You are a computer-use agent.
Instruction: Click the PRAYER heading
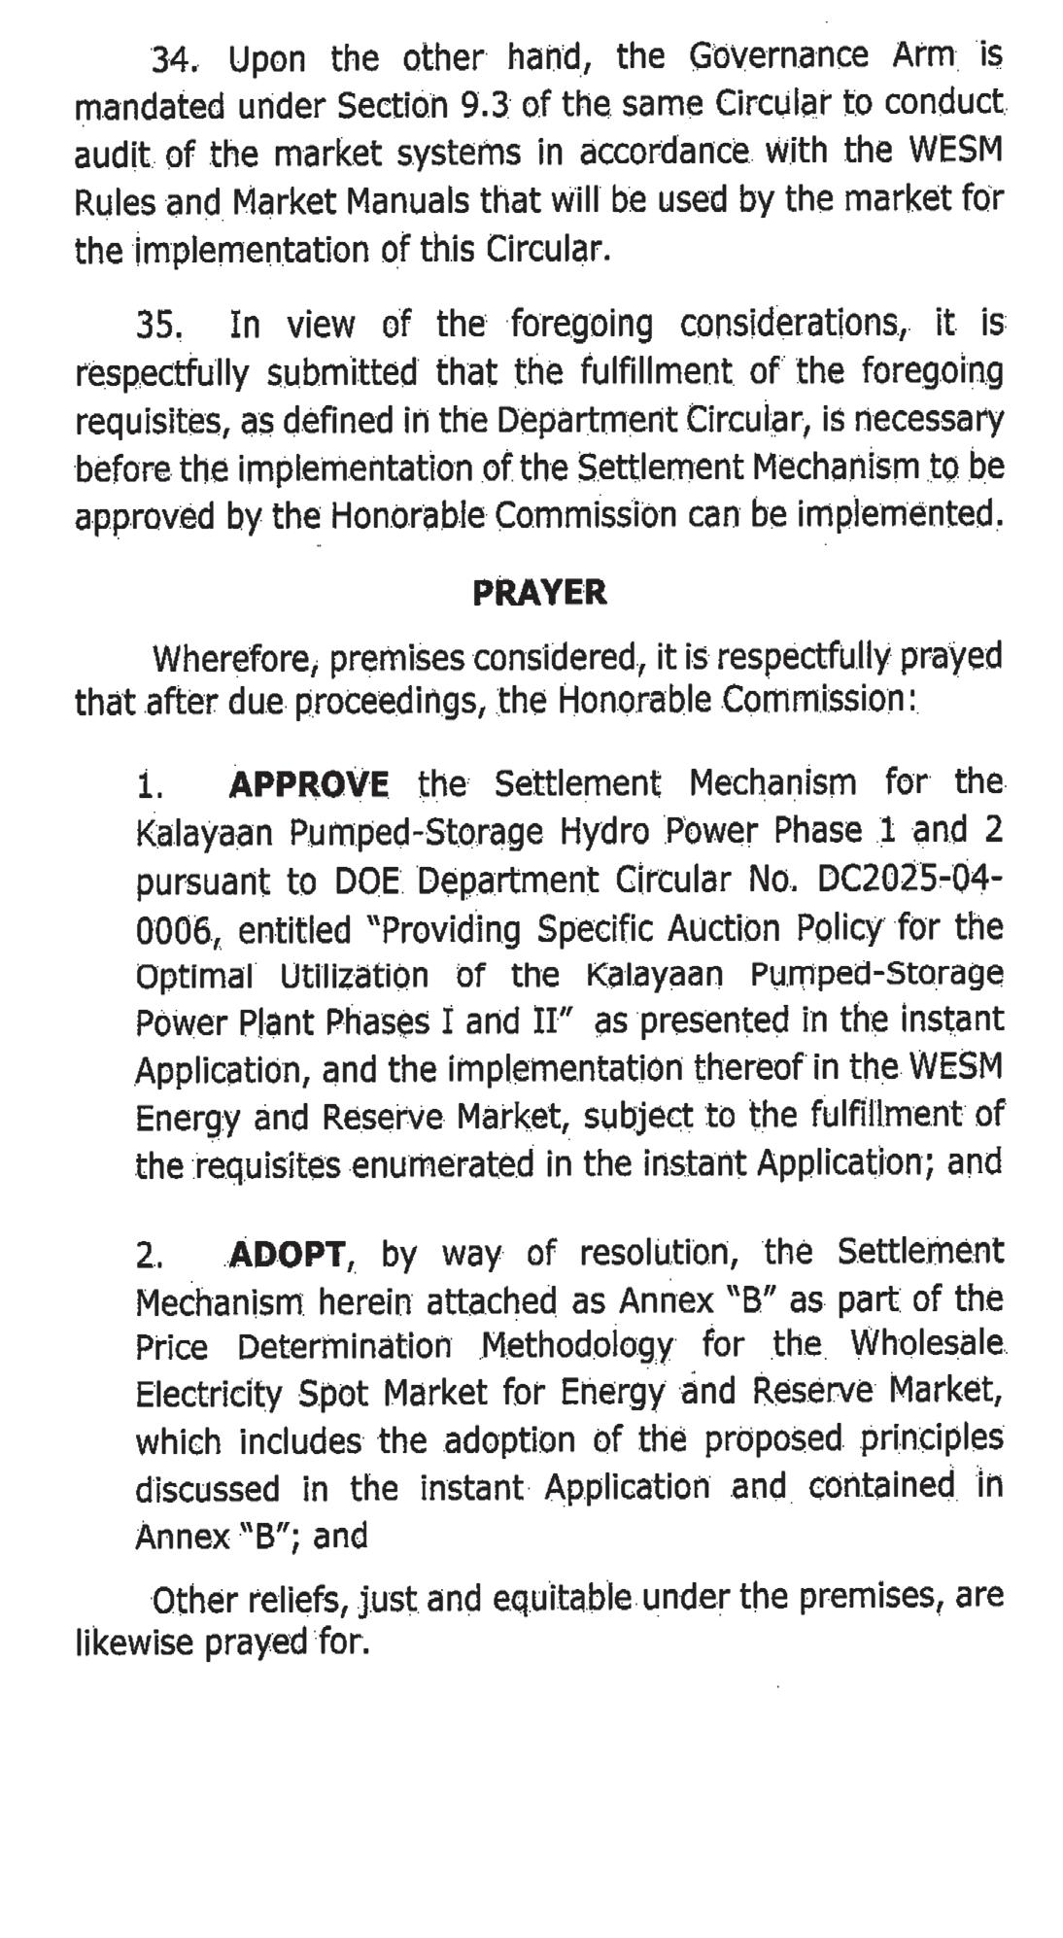pos(539,592)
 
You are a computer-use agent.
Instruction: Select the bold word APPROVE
pos(309,783)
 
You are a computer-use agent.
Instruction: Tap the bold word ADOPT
pos(288,1255)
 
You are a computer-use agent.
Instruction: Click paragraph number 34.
pos(173,62)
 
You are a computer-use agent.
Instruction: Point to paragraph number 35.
pos(160,325)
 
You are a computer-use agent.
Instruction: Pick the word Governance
pos(778,55)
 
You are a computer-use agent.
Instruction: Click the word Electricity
pos(209,1395)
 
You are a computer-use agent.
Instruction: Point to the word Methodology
pos(576,1347)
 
